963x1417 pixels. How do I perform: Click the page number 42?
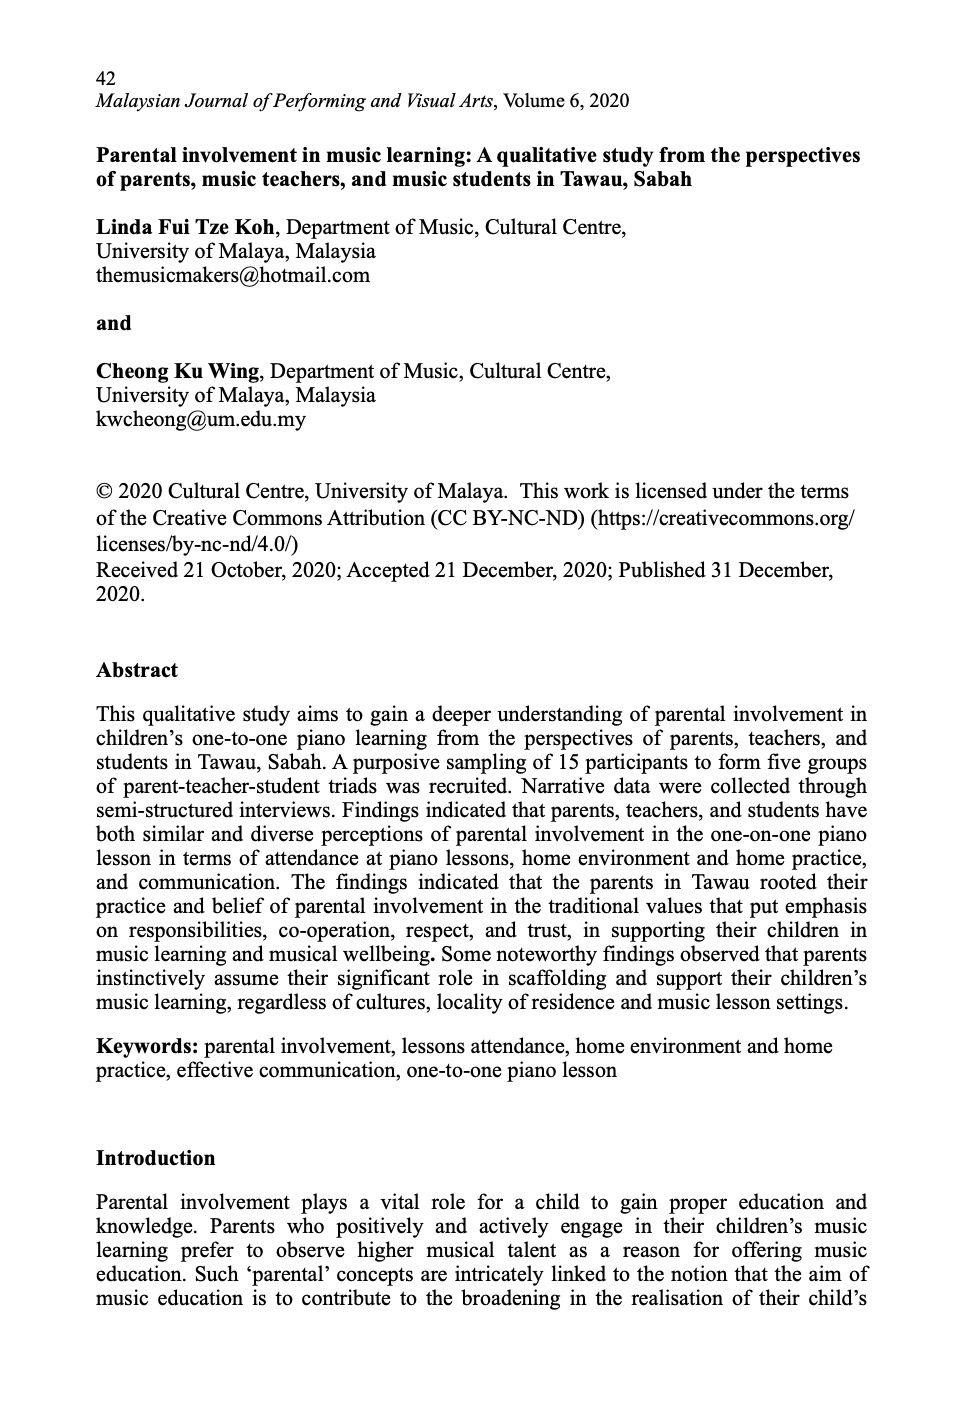(x=106, y=77)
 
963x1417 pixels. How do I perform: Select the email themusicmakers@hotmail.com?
(x=232, y=275)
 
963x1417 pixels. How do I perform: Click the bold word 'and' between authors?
(x=114, y=323)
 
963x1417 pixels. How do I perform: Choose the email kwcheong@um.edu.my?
(x=200, y=419)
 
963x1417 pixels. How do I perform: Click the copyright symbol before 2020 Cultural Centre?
(x=103, y=492)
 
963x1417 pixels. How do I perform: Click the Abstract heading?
(x=137, y=670)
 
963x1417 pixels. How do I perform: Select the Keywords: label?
(x=147, y=1046)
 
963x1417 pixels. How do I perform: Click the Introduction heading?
(x=155, y=1158)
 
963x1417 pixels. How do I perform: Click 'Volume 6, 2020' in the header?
(x=566, y=101)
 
